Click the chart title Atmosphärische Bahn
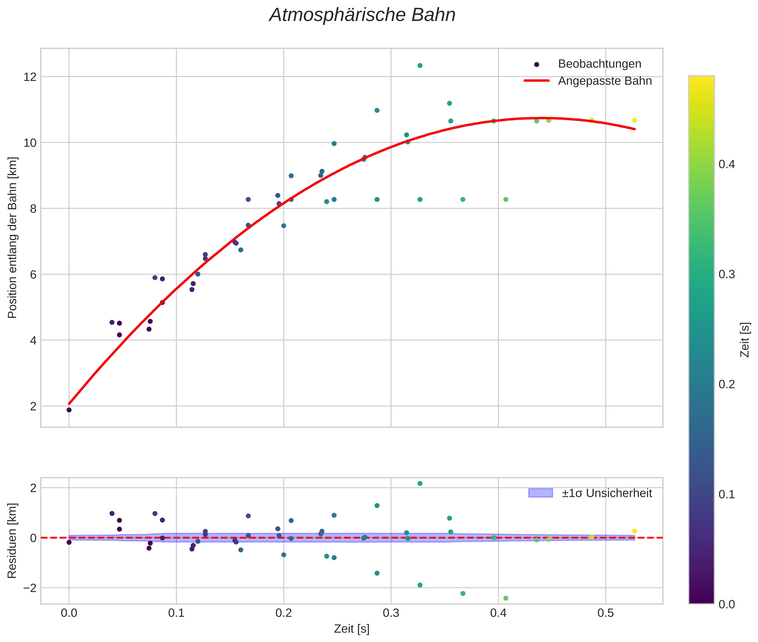pyautogui.click(x=362, y=15)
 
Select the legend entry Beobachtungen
pyautogui.click(x=599, y=64)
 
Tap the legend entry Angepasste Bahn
pyautogui.click(x=605, y=81)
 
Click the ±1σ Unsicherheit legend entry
pyautogui.click(x=606, y=493)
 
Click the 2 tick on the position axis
pyautogui.click(x=33, y=406)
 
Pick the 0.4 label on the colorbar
pyautogui.click(x=726, y=164)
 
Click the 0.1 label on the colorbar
pyautogui.click(x=726, y=495)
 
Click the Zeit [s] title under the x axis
pyautogui.click(x=352, y=629)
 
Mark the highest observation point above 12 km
pyautogui.click(x=420, y=65)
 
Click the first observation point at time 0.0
pyautogui.click(x=69, y=410)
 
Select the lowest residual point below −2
pyautogui.click(x=506, y=598)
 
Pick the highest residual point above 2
pyautogui.click(x=420, y=483)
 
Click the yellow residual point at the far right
pyautogui.click(x=634, y=531)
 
